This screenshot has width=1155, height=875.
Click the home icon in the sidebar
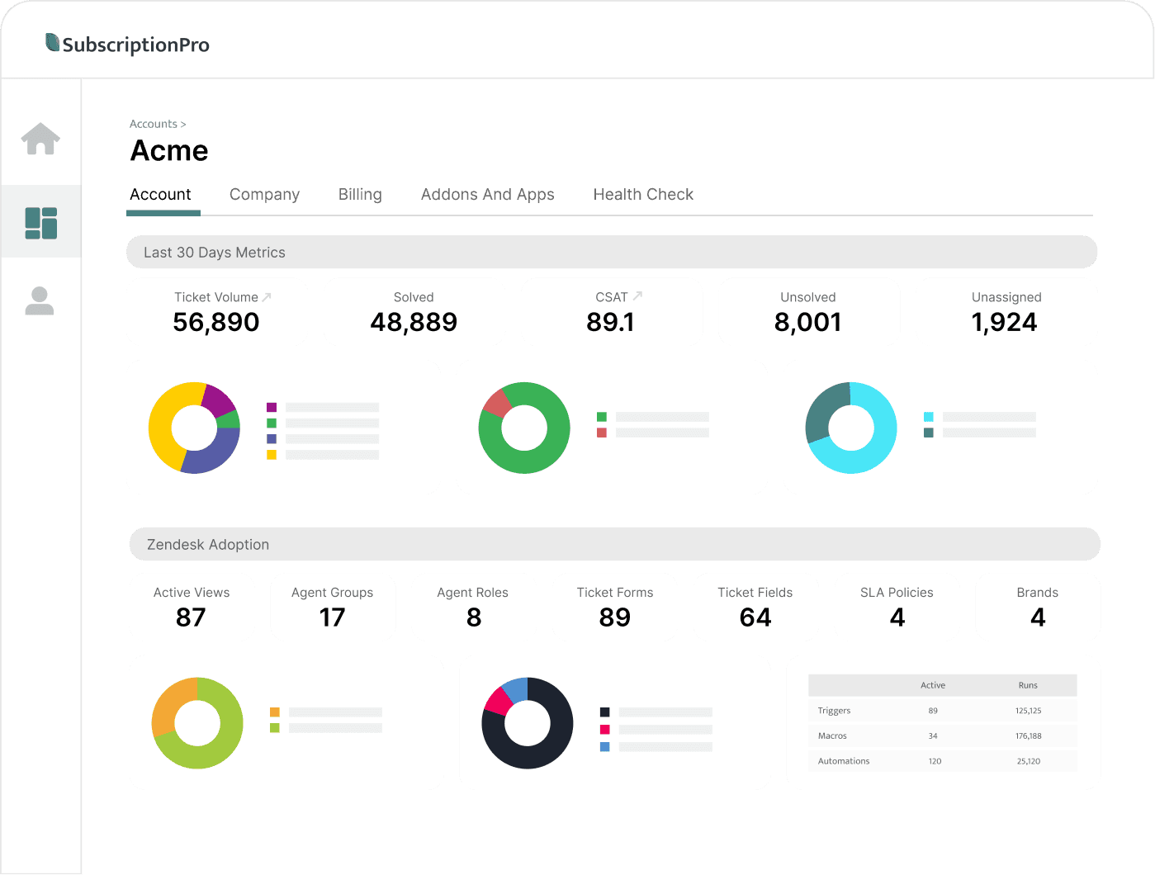pos(40,139)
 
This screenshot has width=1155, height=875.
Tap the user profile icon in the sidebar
pos(40,301)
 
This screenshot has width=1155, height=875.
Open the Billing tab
pos(360,194)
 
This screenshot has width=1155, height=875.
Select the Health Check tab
pos(643,194)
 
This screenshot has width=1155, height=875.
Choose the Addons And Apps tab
pos(487,194)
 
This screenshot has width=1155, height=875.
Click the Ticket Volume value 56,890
pos(215,322)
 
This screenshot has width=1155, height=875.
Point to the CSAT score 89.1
pos(610,322)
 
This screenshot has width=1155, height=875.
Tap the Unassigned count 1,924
pos(1004,322)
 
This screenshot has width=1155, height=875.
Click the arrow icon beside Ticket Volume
pos(267,296)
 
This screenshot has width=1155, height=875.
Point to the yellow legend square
pos(272,455)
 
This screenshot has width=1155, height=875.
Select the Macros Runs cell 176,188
pos(1028,735)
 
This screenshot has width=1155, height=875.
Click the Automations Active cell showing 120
pos(935,761)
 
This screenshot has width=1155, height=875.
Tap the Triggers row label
pos(834,710)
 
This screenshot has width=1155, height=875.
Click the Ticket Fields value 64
pos(755,617)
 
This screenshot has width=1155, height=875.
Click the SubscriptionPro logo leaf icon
pos(52,42)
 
